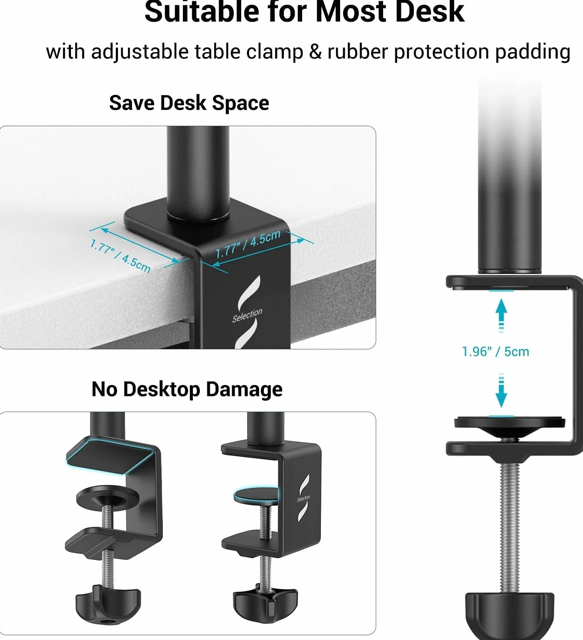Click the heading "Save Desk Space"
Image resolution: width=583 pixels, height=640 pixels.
[x=189, y=103]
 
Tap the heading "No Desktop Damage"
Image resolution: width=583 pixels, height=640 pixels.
[x=187, y=389]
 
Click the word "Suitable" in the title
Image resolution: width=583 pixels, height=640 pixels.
[x=202, y=12]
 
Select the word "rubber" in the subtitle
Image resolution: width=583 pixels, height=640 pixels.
[x=357, y=52]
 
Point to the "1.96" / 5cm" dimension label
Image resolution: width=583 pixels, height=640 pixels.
[x=495, y=352]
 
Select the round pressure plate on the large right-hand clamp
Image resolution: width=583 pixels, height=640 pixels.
[x=509, y=426]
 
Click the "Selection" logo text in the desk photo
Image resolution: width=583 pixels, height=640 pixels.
[x=247, y=315]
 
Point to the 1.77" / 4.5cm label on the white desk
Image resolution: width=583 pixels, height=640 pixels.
[x=120, y=256]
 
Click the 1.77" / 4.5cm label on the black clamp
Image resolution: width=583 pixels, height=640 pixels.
[x=248, y=244]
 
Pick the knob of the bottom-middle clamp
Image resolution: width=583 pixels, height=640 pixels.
[x=265, y=603]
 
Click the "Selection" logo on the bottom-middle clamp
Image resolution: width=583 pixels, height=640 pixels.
[x=303, y=498]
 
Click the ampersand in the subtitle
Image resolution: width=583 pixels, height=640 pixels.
[x=315, y=52]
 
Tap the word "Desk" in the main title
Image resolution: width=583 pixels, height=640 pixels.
[x=430, y=12]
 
